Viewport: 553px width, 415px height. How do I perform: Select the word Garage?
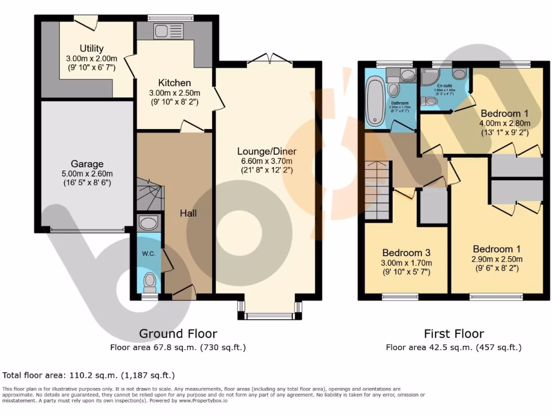pyautogui.click(x=87, y=164)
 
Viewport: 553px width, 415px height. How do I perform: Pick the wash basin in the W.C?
pyautogui.click(x=147, y=222)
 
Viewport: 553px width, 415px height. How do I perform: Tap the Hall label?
pyautogui.click(x=188, y=213)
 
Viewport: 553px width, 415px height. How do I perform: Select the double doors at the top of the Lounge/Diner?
pyautogui.click(x=270, y=58)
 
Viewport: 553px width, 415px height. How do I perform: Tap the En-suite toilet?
pyautogui.click(x=430, y=101)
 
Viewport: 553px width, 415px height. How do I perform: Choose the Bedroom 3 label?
pyautogui.click(x=406, y=252)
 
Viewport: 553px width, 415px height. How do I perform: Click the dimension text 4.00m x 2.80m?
pyautogui.click(x=504, y=123)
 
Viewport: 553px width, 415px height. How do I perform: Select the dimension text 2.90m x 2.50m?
pyautogui.click(x=496, y=258)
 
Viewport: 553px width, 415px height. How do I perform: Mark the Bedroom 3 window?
pyautogui.click(x=400, y=297)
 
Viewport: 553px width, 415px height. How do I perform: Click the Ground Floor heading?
pyautogui.click(x=178, y=333)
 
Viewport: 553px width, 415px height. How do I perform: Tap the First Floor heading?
pyautogui.click(x=454, y=333)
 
